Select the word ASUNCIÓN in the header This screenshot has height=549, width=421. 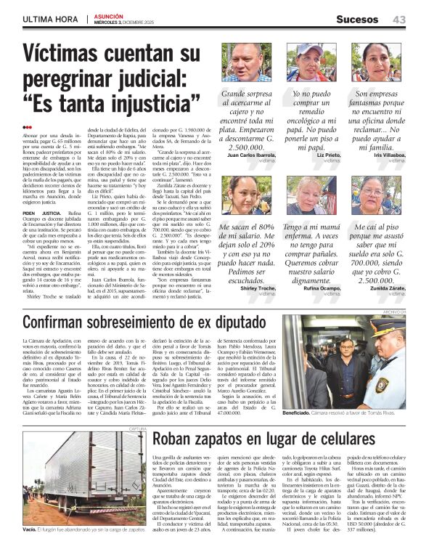[x=107, y=16]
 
